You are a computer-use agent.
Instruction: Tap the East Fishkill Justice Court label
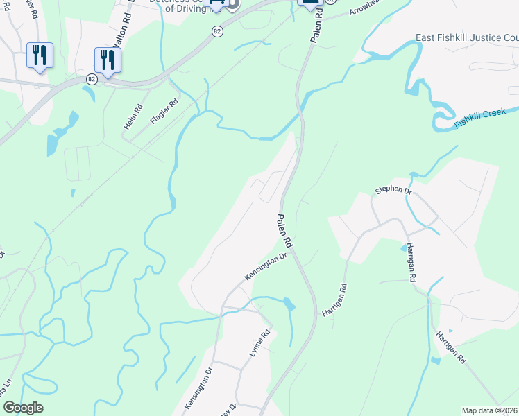[x=466, y=37]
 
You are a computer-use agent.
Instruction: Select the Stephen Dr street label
[x=393, y=189]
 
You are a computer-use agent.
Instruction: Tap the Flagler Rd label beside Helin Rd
[x=164, y=111]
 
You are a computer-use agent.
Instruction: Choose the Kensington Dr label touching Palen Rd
[x=266, y=267]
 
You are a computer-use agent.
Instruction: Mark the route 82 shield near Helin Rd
[x=92, y=79]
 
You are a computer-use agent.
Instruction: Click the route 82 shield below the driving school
[x=218, y=32]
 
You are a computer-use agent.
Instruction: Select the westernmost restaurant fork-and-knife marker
[x=40, y=55]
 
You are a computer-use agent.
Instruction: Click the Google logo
[x=23, y=408]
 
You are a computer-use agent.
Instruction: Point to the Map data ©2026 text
[x=489, y=410]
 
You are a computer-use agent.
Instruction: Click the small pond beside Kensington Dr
[x=289, y=304]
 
